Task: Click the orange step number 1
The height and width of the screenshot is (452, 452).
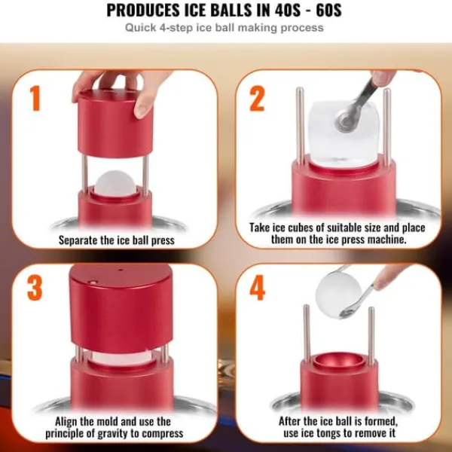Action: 35,98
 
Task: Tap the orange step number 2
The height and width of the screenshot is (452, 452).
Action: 257,99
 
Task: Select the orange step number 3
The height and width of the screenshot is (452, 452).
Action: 35,289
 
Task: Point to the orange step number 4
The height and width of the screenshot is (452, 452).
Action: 257,288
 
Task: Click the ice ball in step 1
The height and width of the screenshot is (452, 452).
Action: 115,183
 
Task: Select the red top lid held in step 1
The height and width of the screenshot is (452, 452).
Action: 115,124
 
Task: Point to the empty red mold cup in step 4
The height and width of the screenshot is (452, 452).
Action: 339,361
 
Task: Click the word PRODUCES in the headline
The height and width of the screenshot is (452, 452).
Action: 142,11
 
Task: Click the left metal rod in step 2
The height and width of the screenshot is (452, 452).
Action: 300,127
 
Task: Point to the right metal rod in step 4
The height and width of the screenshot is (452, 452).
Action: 371,336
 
